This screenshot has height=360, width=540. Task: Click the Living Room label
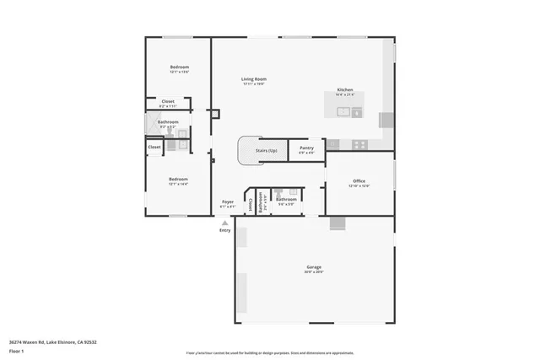(x=253, y=79)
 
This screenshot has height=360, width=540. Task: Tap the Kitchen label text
(x=345, y=90)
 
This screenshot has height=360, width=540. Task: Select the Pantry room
(x=307, y=149)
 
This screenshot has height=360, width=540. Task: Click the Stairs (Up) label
(x=267, y=150)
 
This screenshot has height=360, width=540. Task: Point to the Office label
(x=359, y=181)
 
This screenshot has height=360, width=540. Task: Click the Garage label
(x=314, y=267)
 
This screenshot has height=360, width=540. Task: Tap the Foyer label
(x=228, y=202)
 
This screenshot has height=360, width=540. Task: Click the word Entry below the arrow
(x=224, y=230)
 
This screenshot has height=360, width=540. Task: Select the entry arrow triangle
(x=224, y=223)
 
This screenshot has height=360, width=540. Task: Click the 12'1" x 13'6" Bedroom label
(x=179, y=67)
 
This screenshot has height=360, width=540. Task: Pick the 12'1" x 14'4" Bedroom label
(x=177, y=180)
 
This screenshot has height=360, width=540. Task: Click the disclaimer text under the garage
(x=281, y=352)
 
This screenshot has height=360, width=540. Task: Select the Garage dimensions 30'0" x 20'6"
(x=314, y=272)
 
